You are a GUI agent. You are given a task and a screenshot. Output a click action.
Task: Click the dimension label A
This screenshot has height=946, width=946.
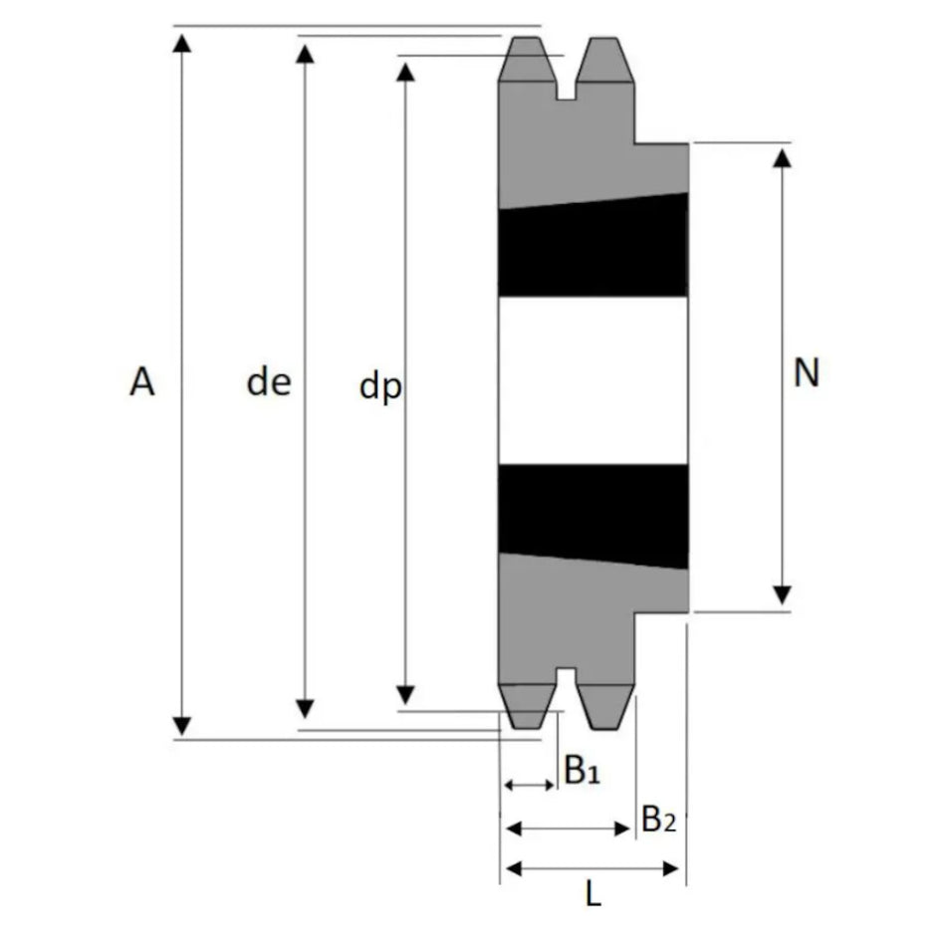[142, 382]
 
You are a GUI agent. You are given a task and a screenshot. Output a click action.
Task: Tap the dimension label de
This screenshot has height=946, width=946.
[269, 382]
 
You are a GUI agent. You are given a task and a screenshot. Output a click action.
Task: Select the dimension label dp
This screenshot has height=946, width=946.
[380, 386]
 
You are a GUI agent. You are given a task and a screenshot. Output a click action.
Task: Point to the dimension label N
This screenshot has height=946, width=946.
[807, 372]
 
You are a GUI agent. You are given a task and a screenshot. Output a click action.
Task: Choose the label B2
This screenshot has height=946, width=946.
[658, 819]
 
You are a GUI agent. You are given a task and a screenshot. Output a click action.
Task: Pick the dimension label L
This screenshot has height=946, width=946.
[593, 894]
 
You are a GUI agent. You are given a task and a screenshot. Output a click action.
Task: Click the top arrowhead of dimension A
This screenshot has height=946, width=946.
[181, 44]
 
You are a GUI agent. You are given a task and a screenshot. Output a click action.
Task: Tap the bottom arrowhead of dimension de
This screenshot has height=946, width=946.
[306, 709]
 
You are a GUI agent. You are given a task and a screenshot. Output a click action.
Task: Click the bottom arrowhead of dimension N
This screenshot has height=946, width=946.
[783, 594]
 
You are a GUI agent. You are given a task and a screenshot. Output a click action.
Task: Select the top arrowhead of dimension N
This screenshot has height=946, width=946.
[783, 158]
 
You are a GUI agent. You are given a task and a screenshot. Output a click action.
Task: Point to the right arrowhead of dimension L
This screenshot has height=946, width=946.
[671, 868]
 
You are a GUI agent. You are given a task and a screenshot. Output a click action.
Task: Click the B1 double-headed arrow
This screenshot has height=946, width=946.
[529, 785]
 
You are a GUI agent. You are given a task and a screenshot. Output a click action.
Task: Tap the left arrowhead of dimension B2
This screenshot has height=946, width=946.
[514, 828]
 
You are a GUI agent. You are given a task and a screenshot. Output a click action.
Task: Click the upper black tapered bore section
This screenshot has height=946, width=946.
[593, 246]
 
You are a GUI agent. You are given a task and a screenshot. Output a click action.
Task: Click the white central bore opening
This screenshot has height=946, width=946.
[593, 380]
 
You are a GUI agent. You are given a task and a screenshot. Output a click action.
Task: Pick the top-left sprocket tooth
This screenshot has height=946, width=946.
[527, 59]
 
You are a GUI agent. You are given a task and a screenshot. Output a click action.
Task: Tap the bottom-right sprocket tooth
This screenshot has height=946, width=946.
[604, 707]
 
